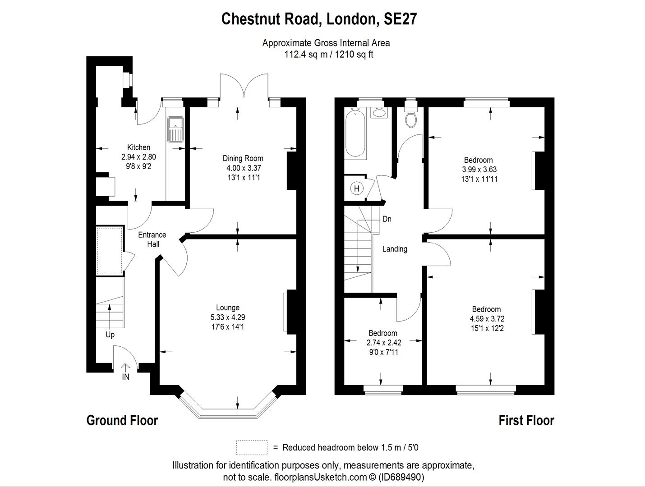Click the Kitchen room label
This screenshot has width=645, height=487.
click(138, 147)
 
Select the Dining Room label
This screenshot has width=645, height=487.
click(243, 158)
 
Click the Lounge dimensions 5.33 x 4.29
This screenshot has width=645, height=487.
click(228, 317)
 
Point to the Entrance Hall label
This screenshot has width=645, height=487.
click(152, 239)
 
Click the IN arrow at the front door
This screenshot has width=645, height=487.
click(125, 368)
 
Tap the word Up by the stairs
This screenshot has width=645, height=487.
click(110, 335)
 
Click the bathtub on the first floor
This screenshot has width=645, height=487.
click(355, 133)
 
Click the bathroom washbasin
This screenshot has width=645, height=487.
click(379, 112)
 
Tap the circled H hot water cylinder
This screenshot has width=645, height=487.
click(357, 188)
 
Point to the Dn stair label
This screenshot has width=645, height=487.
click(387, 219)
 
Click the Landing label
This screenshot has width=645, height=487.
click(395, 249)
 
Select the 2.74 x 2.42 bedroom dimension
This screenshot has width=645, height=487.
click(384, 343)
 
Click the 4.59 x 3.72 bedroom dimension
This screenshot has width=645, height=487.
click(487, 319)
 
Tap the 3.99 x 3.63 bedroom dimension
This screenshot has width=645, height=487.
click(479, 170)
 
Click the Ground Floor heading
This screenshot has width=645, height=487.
click(122, 420)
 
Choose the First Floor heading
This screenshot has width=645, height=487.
click(526, 420)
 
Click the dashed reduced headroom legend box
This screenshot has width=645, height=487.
click(252, 448)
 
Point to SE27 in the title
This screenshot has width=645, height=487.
click(400, 19)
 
